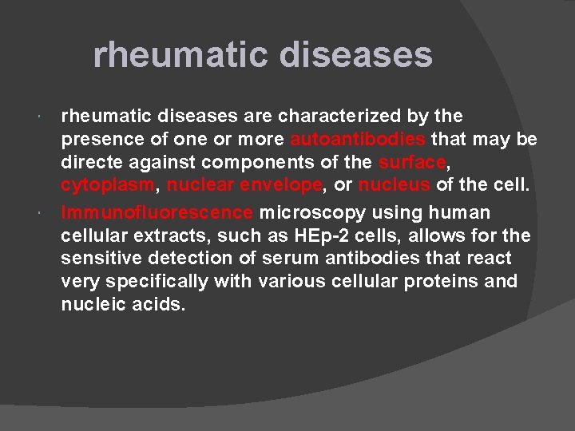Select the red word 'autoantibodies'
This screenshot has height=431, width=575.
point(359,140)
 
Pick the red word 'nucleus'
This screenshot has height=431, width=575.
point(395,186)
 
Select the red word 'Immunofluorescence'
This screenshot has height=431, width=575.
point(157,213)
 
